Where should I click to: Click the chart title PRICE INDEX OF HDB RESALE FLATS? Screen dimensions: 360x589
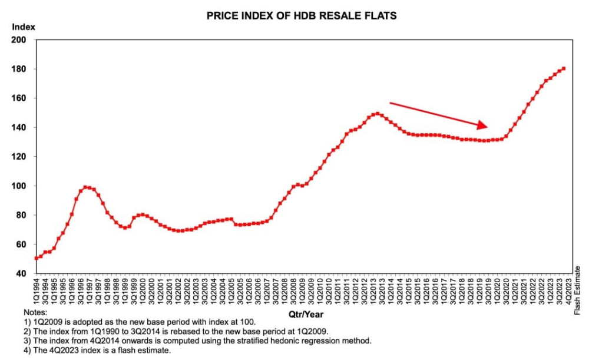[302, 16]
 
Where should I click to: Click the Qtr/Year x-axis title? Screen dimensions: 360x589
[306, 315]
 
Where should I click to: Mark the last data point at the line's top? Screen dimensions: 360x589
[564, 68]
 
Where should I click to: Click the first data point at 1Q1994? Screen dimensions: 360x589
[37, 258]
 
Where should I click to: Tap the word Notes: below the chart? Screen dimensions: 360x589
[35, 312]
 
